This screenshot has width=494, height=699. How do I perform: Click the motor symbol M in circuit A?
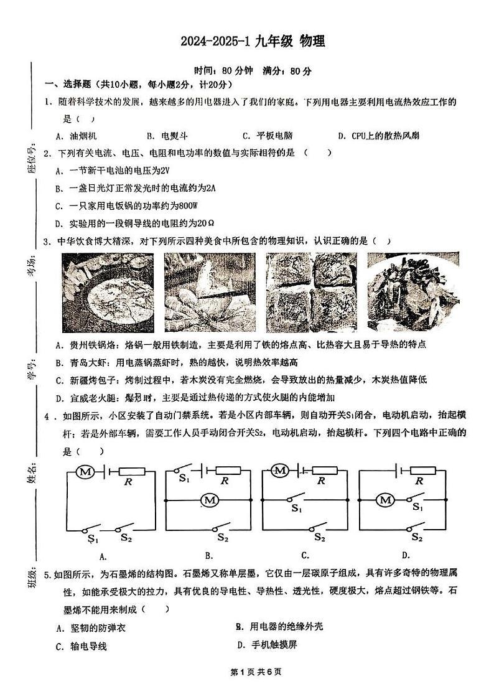(x=85, y=472)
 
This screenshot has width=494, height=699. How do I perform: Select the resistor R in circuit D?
(x=419, y=472)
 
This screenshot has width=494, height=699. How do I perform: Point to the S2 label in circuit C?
(x=320, y=537)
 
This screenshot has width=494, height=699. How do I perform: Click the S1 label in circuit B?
(x=184, y=479)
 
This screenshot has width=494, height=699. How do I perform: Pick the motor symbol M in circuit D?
(x=386, y=499)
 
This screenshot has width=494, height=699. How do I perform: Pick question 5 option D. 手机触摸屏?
(x=267, y=644)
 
